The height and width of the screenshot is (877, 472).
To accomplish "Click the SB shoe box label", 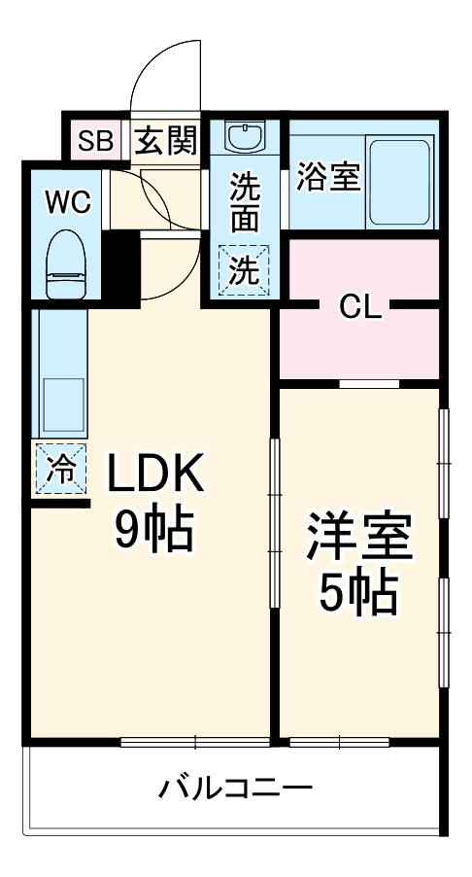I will tap(95, 142).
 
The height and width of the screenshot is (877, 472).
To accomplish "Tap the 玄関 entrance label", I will tap(164, 142).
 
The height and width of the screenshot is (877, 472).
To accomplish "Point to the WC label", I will tap(68, 202).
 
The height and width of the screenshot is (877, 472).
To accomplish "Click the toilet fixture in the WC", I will tap(67, 263).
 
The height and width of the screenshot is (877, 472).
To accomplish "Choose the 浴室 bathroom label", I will tap(328, 178).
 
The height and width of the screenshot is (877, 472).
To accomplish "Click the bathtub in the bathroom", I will tap(401, 183).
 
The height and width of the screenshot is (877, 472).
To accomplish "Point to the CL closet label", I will tap(360, 307).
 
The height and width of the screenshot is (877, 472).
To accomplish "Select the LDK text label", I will tap(155, 475).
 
